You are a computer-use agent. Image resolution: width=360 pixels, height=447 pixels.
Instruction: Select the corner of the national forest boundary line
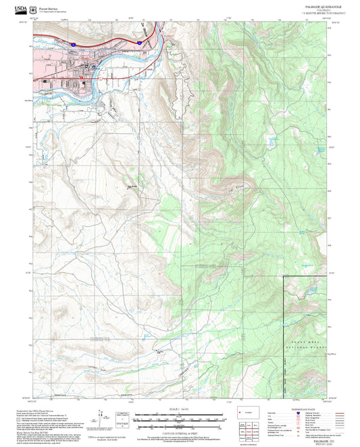coord(282,276)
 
